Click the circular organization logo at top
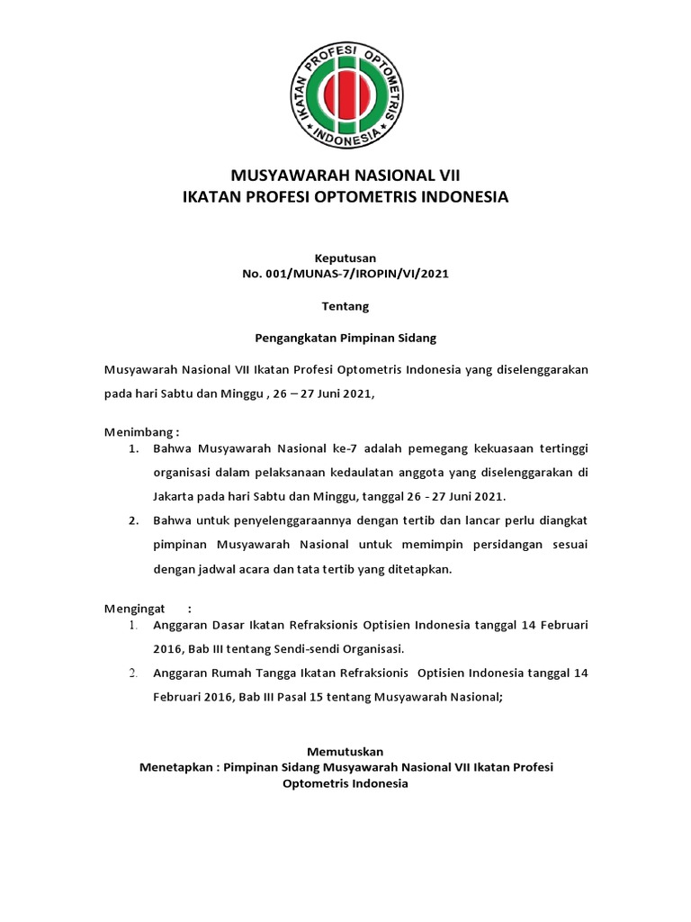[x=345, y=97]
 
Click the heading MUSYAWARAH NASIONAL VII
[x=345, y=175]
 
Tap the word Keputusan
[x=345, y=258]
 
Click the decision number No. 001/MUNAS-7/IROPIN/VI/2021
[x=345, y=273]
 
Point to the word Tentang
[x=345, y=306]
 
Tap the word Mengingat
[x=135, y=608]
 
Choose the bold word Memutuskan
[x=345, y=751]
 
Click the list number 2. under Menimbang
[x=132, y=520]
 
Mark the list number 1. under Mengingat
[x=132, y=624]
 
